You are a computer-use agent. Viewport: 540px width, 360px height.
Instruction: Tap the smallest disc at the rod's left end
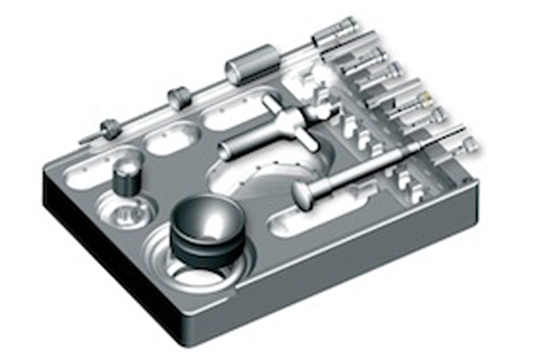click(109, 128)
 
